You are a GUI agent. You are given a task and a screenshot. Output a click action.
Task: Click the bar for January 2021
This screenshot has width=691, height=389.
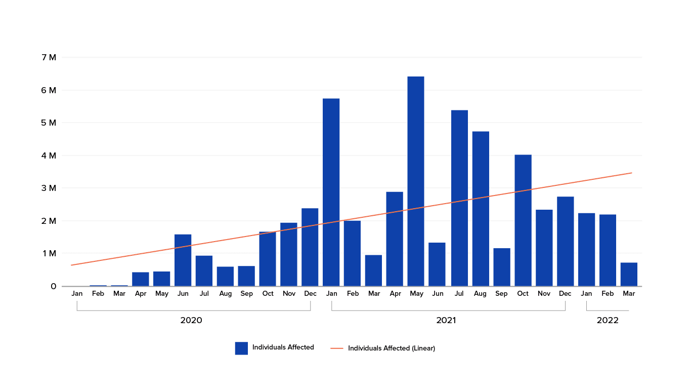(331, 192)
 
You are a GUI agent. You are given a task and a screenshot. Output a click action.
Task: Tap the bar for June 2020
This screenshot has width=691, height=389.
(183, 260)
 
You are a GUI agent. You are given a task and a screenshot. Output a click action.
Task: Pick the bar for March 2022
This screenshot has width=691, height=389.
(629, 275)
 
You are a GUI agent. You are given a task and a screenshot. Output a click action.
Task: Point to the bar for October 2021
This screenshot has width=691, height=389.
(523, 220)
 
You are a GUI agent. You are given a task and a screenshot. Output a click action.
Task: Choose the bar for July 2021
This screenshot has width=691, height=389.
(459, 198)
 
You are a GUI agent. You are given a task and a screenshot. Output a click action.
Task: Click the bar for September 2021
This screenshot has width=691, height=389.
(502, 267)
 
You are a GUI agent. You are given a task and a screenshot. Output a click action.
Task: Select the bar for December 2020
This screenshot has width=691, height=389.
(310, 247)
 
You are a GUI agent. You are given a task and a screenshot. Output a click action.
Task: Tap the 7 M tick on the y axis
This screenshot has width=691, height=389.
(49, 57)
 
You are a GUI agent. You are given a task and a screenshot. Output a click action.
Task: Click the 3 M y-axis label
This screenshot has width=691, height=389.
(49, 188)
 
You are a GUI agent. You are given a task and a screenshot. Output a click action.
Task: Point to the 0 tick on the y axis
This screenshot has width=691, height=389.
(53, 286)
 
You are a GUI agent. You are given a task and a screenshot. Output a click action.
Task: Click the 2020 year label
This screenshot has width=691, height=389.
(191, 321)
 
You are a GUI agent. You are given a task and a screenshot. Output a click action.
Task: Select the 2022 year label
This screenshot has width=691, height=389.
(608, 321)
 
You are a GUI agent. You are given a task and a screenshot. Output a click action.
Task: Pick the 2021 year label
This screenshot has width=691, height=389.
(446, 321)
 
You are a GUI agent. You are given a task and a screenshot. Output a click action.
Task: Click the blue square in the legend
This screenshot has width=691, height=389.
(241, 348)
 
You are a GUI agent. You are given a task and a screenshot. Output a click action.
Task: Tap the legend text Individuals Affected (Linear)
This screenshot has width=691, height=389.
(391, 348)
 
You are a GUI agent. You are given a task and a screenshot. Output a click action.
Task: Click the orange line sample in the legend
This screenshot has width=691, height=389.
(337, 348)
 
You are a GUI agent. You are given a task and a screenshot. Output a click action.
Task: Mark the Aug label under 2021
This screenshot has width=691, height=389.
(480, 294)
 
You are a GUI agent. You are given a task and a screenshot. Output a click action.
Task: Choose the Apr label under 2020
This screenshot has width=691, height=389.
(141, 294)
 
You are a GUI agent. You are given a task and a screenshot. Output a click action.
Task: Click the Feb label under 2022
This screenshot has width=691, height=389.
(608, 294)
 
